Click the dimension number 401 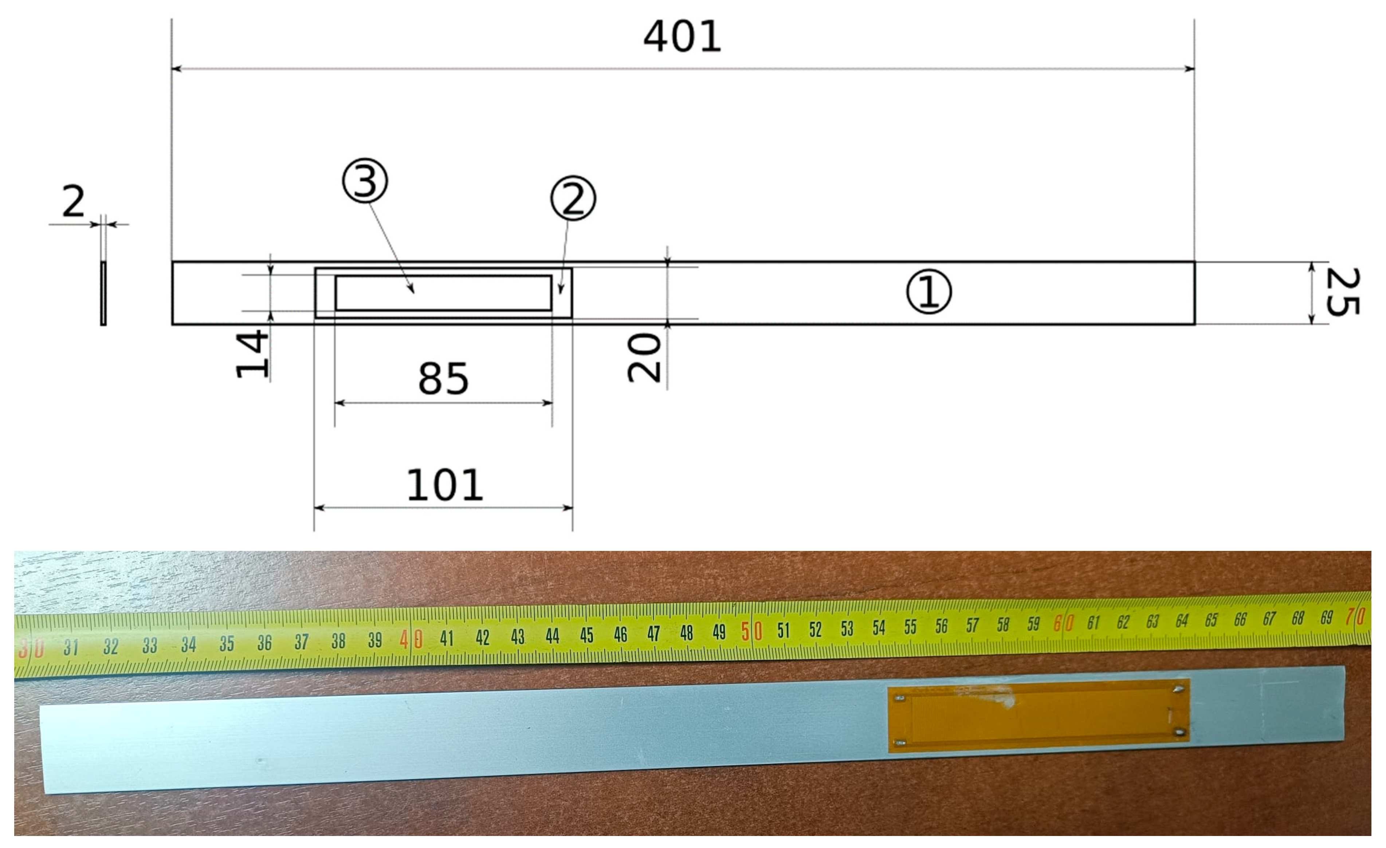click(682, 37)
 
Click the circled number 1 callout click(929, 292)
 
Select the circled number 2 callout click(573, 198)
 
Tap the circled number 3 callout click(365, 181)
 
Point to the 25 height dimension click(1343, 292)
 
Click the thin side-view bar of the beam click(103, 293)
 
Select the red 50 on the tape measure click(751, 631)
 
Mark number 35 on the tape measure click(227, 644)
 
